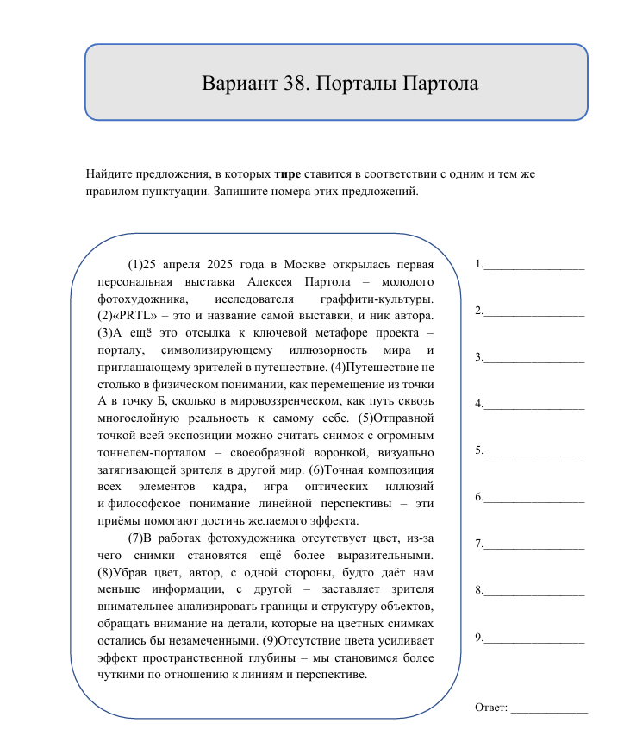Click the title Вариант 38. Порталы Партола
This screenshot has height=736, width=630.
click(339, 84)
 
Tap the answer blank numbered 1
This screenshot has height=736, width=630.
click(533, 265)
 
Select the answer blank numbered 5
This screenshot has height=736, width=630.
click(533, 451)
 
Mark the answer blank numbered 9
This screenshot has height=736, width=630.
click(533, 638)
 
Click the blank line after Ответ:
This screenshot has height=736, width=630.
click(549, 709)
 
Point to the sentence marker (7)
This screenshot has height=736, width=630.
click(137, 538)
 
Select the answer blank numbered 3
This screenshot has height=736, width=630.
click(533, 358)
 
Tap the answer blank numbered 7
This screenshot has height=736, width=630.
click(533, 544)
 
